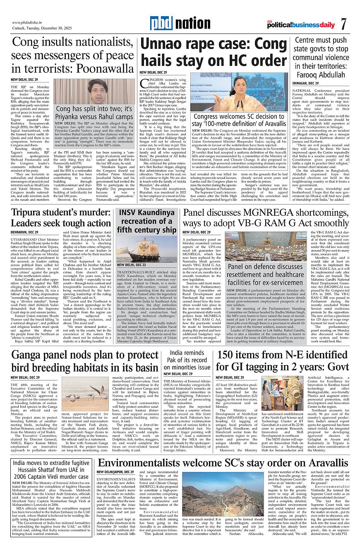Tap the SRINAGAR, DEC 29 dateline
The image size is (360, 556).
(309, 83)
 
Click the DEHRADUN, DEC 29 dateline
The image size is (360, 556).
(24, 232)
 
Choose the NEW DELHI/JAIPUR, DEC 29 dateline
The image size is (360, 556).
(115, 472)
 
